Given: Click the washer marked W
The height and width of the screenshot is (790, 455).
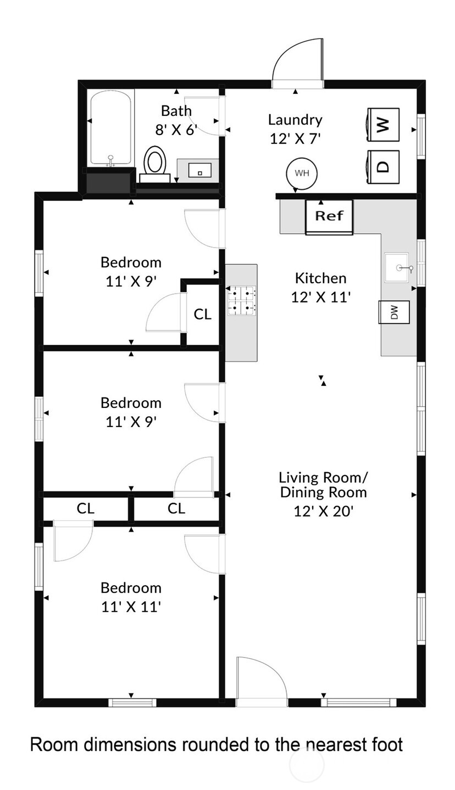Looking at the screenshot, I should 383,125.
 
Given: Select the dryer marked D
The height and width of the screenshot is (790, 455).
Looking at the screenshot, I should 383,167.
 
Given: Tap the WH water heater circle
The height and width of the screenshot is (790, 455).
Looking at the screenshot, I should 302,173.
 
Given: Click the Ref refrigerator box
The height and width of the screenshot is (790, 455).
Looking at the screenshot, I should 329,216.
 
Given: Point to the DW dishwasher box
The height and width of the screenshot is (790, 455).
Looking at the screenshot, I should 394,312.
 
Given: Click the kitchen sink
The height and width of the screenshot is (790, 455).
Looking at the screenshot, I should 397,267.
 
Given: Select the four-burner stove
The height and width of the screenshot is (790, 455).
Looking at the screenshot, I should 242,301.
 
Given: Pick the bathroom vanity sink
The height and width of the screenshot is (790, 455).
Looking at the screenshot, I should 199,170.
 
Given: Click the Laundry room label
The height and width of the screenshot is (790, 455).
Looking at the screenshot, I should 295,120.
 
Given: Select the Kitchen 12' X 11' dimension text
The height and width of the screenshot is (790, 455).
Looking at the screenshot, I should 321,297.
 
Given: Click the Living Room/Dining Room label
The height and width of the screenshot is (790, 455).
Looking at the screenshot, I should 323,484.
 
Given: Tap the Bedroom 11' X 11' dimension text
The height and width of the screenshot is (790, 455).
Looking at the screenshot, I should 131,607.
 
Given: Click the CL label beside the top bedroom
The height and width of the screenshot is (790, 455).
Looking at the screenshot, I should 202,314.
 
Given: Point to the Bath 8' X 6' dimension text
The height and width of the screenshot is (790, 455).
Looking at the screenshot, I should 176,130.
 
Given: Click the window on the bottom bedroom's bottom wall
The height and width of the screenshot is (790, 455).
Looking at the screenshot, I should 132,702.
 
